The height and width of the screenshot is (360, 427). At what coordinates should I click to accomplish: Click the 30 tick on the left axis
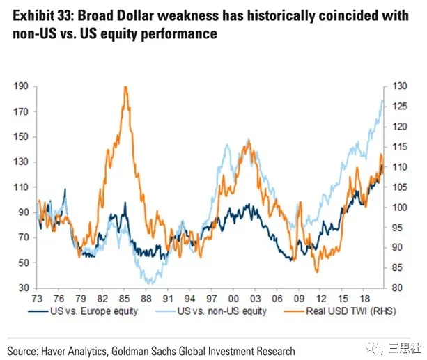[x=23, y=288]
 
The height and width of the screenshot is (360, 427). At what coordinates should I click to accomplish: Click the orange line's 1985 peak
[x=125, y=87]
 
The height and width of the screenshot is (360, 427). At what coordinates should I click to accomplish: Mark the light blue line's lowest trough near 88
[x=147, y=282]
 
